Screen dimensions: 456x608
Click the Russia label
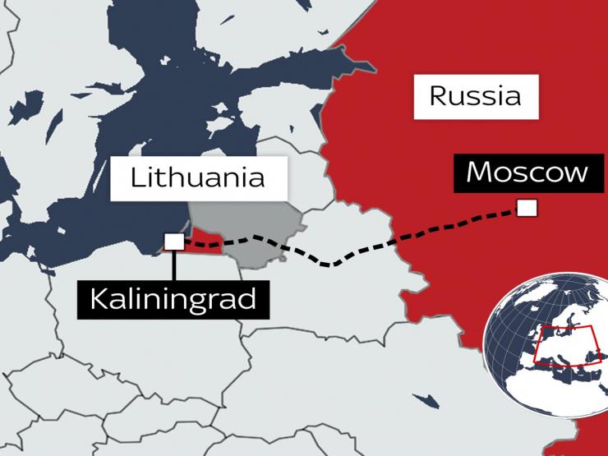[476, 96]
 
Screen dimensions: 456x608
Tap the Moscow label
[527, 173]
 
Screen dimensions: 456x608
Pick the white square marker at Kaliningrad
[173, 241]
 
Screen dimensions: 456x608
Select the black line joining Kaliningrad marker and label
[173, 264]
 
